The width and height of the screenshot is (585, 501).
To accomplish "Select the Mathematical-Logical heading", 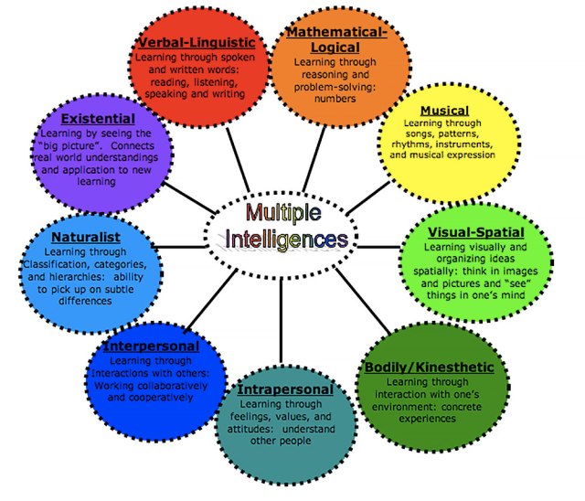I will pos(336,40).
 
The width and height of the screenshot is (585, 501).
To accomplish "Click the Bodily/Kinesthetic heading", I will pos(429,368).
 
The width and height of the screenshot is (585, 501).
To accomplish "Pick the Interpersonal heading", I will pos(152,347).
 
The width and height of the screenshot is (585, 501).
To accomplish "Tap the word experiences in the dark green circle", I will pos(426,419).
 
